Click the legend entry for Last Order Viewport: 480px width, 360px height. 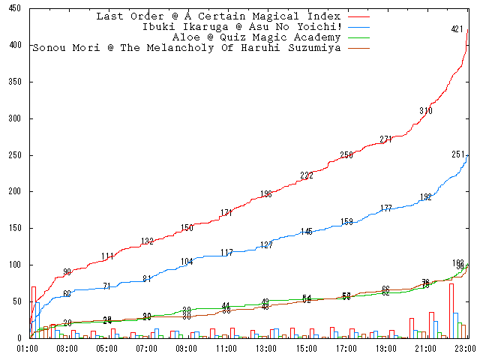[x=218, y=16]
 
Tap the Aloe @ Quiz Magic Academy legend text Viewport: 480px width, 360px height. [x=256, y=37]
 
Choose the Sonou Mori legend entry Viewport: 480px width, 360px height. [x=187, y=48]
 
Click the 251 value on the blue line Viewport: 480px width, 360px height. [x=458, y=154]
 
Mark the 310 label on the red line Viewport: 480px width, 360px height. [x=426, y=111]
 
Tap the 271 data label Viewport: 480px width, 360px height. [x=386, y=139]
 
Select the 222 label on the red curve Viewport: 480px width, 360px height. [x=307, y=175]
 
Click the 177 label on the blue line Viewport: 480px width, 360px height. [x=386, y=208]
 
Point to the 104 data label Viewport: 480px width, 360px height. [x=187, y=262]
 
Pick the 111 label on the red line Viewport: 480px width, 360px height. [x=107, y=256]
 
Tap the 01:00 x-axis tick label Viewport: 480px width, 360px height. [x=28, y=349]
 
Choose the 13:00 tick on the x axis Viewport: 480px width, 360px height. [x=266, y=349]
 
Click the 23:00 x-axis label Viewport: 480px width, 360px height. [x=466, y=349]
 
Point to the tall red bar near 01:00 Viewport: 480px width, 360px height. [x=33, y=312]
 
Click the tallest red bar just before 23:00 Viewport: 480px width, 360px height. [x=451, y=310]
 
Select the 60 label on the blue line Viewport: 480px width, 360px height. [x=67, y=294]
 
